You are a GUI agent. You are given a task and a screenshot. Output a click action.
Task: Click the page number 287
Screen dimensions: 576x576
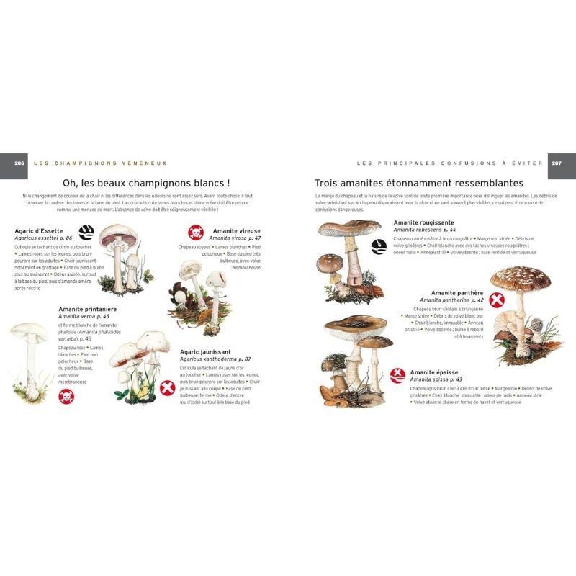(x=557, y=163)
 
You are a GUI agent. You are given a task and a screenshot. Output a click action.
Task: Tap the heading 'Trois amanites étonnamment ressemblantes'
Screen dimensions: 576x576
(x=429, y=184)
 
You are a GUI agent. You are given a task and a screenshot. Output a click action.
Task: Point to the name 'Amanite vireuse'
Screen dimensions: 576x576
(x=237, y=230)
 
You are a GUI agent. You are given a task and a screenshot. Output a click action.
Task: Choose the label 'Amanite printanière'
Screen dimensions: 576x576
(x=88, y=309)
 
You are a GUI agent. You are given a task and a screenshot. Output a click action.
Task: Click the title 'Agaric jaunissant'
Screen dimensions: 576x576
(x=206, y=351)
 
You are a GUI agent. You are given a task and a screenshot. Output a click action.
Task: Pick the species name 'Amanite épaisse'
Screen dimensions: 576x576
(x=434, y=372)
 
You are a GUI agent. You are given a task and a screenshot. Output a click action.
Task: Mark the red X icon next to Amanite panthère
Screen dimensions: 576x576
(x=496, y=300)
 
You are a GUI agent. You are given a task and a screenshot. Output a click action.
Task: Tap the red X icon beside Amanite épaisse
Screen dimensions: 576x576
(x=397, y=375)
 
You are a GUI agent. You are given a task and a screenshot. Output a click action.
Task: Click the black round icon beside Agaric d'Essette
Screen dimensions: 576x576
(x=86, y=232)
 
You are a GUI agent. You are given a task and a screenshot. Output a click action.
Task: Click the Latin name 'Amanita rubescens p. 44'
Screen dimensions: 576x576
(x=425, y=230)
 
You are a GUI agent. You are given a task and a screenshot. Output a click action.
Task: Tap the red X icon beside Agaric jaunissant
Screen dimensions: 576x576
(x=167, y=389)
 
